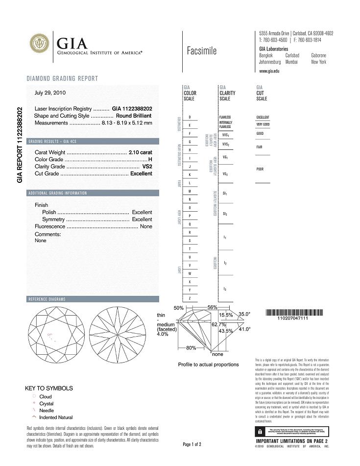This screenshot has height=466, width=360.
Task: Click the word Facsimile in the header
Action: (x=201, y=51)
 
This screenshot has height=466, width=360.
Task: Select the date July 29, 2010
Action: (x=50, y=92)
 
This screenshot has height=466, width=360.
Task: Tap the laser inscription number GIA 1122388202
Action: (x=132, y=108)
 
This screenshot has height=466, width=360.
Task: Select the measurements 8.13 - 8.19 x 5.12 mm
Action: (x=127, y=123)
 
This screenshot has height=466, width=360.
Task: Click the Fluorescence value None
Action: (x=146, y=226)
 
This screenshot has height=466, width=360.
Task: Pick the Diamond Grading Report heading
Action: (x=62, y=78)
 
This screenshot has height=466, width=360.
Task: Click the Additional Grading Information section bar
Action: (x=93, y=193)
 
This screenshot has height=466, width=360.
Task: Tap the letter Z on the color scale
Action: (x=190, y=298)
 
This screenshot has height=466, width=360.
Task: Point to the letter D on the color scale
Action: (x=190, y=117)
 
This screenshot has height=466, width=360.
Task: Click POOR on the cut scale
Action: (x=260, y=170)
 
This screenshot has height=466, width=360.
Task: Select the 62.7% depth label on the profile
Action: (x=218, y=324)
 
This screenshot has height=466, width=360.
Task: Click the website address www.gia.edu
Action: (x=269, y=71)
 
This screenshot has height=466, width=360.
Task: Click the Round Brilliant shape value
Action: (x=134, y=116)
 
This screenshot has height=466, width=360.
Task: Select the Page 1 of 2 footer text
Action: (x=192, y=444)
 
